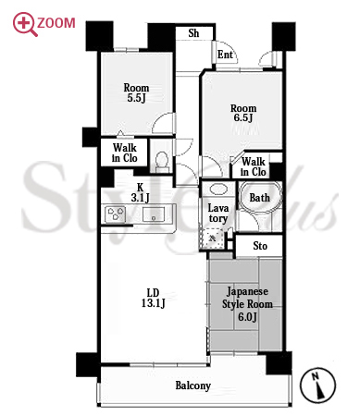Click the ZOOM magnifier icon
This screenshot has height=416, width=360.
point(25,24)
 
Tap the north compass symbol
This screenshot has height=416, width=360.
point(317,385)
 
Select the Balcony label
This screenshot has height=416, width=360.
point(193,385)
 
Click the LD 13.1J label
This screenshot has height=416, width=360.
point(154,298)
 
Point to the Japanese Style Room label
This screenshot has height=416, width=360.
point(247,304)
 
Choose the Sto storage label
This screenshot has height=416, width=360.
point(260,246)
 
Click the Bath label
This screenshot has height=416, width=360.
point(259,198)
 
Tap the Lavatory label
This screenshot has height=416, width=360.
point(218,214)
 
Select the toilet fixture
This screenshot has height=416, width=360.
point(162,162)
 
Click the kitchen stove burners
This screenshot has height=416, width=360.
point(116,214)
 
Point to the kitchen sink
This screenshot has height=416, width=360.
point(154,214)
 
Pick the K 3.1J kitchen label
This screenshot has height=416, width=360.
point(141,192)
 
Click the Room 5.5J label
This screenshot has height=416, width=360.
point(136,92)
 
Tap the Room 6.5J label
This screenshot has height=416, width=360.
point(243,113)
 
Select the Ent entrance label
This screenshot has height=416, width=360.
point(225,55)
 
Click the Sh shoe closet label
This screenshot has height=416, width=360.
point(193,33)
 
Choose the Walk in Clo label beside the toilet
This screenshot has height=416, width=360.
point(125,153)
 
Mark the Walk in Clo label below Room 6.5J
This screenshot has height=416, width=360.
point(253,166)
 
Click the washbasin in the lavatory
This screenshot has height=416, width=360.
point(217,189)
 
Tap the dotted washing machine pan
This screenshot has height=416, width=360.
point(212,238)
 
